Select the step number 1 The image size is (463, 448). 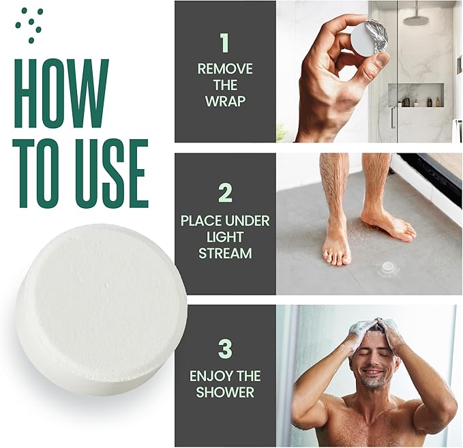pyautogui.click(x=224, y=43)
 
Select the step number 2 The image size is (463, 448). pyautogui.click(x=225, y=194)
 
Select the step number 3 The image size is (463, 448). pyautogui.click(x=225, y=348)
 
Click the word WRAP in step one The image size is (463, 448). pyautogui.click(x=225, y=101)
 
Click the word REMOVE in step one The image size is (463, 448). pyautogui.click(x=225, y=69)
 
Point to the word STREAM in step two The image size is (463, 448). pyautogui.click(x=225, y=254)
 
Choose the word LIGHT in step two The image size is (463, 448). pyautogui.click(x=225, y=237)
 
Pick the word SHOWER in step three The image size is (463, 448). pyautogui.click(x=225, y=392)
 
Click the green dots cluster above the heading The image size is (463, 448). pyautogui.click(x=30, y=25)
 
